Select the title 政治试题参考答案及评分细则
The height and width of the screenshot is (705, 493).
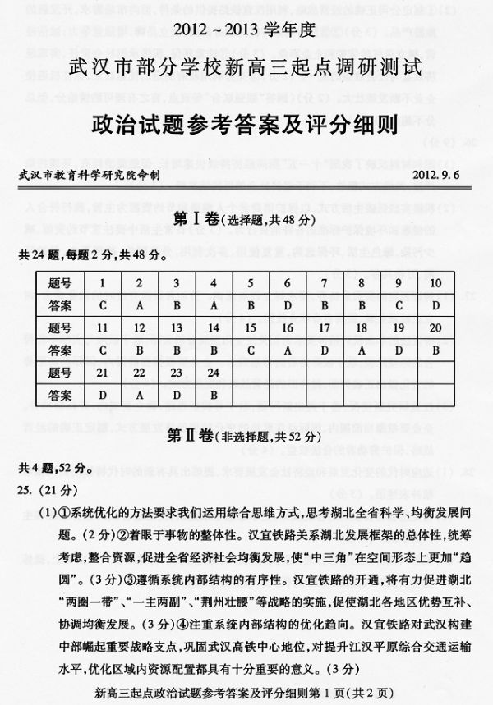click(x=246, y=123)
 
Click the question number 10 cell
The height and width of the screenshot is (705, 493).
click(x=435, y=283)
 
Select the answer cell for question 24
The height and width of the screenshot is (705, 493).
click(x=214, y=395)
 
